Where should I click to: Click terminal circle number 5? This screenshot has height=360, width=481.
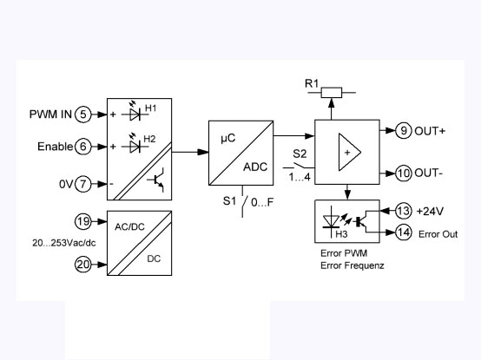[82, 114]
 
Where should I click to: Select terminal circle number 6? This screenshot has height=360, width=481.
[82, 147]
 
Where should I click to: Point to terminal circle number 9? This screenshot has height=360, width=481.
[404, 131]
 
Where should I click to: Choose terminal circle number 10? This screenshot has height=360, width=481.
[404, 172]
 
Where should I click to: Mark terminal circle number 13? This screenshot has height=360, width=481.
[405, 212]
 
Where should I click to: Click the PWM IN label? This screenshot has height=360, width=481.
[50, 114]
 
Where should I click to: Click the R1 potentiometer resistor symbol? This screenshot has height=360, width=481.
[332, 91]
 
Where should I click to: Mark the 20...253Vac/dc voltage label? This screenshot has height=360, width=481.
[49, 244]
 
